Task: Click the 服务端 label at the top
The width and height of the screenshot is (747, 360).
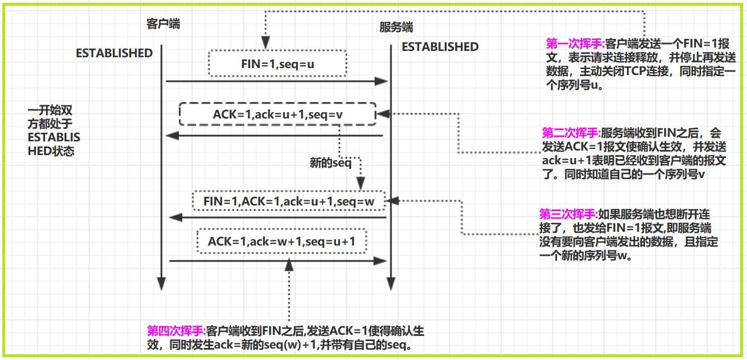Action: (396, 27)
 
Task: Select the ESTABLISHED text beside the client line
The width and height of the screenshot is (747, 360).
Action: (114, 53)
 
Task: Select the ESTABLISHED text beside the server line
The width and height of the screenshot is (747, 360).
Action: (440, 47)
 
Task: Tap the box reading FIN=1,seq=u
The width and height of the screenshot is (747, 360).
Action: (278, 64)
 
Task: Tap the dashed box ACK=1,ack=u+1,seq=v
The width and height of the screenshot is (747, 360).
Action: (277, 114)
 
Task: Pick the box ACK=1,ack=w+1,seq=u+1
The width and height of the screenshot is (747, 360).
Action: (282, 241)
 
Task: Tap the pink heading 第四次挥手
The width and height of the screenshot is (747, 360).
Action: (176, 331)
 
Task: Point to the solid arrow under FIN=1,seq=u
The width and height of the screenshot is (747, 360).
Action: (277, 82)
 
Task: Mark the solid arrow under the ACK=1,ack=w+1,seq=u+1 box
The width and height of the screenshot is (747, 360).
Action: (277, 261)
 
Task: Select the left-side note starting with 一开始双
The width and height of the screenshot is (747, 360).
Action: (55, 130)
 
